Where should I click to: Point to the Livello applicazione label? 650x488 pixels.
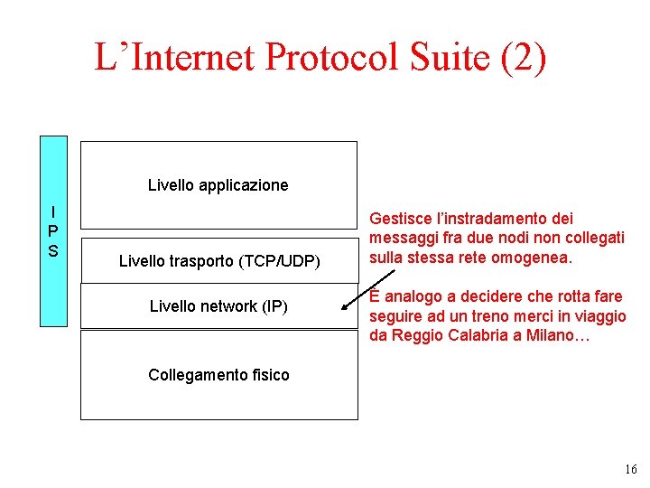point(218,185)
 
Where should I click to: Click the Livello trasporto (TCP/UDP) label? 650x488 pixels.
point(219,261)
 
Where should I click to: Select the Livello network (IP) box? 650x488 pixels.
point(218,306)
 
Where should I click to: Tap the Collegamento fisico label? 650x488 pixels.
point(218,374)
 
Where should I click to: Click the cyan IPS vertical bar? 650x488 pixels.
point(53,230)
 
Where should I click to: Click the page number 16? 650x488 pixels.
point(630,469)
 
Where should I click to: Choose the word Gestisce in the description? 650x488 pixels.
point(401,219)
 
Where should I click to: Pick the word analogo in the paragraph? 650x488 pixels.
point(411,296)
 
